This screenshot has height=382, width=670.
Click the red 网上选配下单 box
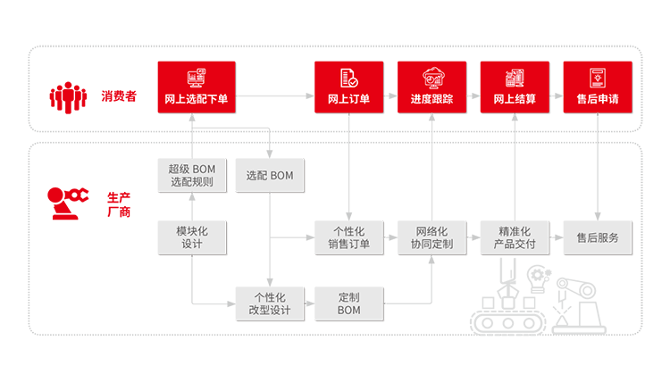point(197,87)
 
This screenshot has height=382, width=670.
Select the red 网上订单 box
point(348,87)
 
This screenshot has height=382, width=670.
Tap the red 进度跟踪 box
point(431,87)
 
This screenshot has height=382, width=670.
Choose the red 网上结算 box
point(515,87)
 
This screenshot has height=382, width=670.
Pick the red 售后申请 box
point(598,87)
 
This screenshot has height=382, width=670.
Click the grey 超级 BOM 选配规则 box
point(192,176)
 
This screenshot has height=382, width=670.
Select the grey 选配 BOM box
point(270,176)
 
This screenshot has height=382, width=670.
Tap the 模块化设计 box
point(192,237)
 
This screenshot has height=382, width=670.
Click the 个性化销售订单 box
point(348,237)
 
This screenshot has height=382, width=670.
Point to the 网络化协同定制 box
point(431,237)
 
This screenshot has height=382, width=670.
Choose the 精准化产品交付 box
point(515,237)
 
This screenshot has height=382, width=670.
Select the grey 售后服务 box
point(598,237)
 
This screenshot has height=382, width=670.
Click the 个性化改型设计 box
point(270,303)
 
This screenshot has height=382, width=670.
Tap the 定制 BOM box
point(348,303)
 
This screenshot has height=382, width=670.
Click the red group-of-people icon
point(68,98)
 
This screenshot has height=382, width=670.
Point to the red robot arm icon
point(67,203)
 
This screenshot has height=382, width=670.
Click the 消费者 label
point(119,96)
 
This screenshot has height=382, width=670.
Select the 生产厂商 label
point(119,205)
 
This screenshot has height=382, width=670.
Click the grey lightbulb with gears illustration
point(539,279)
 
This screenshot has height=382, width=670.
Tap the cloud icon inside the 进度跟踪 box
point(433,78)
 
